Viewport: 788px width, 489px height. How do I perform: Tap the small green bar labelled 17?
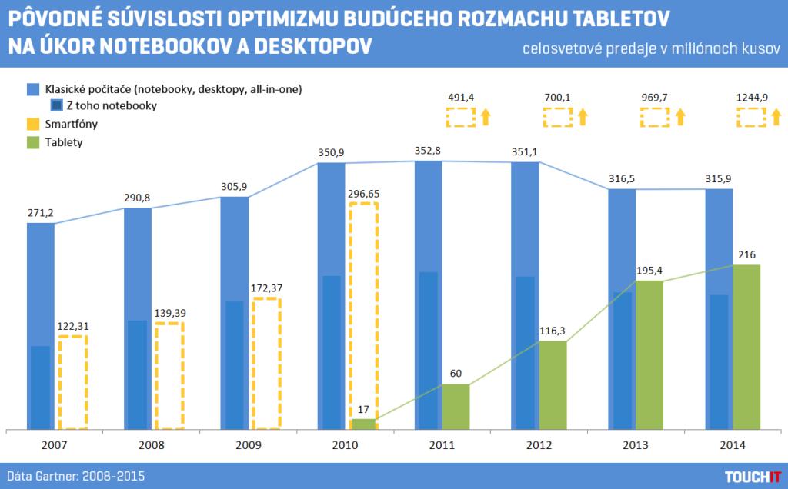(364, 424)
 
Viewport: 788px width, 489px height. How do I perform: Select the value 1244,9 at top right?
(752, 98)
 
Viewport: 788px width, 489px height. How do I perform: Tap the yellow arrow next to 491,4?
(486, 117)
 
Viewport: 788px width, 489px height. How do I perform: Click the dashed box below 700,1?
(558, 117)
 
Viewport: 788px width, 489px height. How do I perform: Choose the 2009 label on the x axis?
(247, 445)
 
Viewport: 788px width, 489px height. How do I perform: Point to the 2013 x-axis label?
(636, 445)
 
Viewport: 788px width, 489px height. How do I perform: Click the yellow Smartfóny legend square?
(32, 124)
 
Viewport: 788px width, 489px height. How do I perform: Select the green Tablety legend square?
(32, 141)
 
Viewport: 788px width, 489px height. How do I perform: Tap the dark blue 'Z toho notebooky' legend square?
(57, 106)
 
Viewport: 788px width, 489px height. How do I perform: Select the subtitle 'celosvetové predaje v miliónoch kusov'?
(651, 49)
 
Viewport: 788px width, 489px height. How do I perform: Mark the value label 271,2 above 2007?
(41, 211)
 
